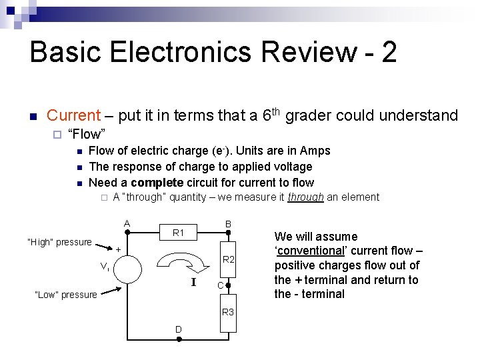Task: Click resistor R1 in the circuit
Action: [x=178, y=233]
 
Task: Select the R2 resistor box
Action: [x=228, y=259]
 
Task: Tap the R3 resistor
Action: [x=228, y=311]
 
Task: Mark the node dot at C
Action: [x=227, y=285]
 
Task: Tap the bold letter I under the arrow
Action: [x=193, y=283]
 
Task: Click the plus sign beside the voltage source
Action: [x=118, y=249]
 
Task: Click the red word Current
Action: [x=73, y=116]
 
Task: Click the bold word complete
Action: [x=157, y=182]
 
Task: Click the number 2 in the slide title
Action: [x=389, y=53]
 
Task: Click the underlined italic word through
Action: [x=305, y=197]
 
